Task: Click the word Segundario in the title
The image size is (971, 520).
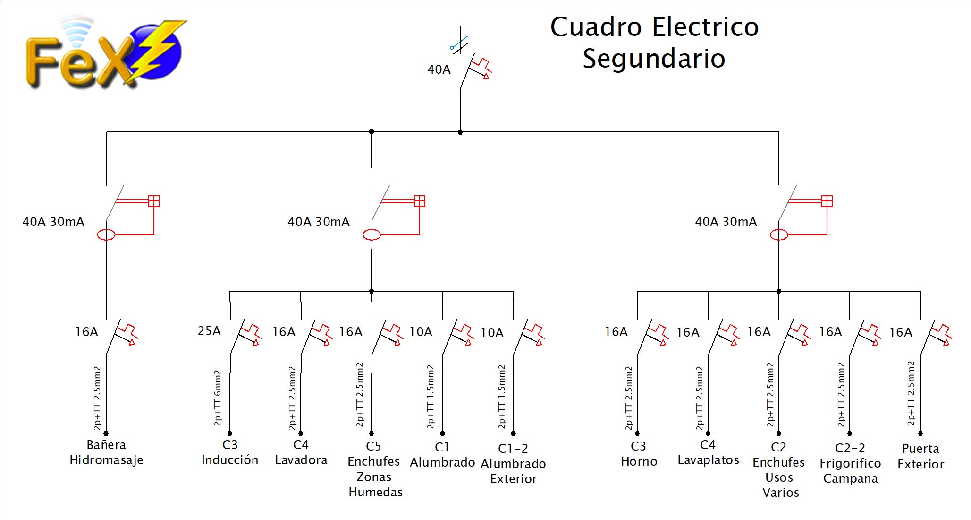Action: click(x=654, y=59)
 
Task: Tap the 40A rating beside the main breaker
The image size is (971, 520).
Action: click(x=439, y=69)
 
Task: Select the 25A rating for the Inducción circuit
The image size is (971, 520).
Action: click(x=209, y=331)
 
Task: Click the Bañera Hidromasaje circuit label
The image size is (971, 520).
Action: click(x=106, y=452)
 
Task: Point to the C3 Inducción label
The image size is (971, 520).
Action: click(x=230, y=452)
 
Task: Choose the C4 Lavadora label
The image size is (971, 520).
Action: click(x=301, y=452)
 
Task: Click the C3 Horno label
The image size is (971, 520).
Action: click(x=639, y=454)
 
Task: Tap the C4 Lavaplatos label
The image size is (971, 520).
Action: click(x=708, y=452)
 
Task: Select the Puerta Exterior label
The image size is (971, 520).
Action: click(x=920, y=456)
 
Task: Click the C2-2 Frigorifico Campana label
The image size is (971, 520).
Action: click(x=850, y=463)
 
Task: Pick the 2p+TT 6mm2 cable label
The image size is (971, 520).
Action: click(x=218, y=398)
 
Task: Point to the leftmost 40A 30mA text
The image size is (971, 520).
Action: click(x=53, y=222)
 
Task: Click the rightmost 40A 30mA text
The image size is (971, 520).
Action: click(x=726, y=222)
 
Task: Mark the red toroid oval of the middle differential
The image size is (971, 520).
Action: click(x=372, y=234)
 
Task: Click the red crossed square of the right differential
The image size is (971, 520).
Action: click(x=827, y=201)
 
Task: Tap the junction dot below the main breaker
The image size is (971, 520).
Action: click(x=460, y=132)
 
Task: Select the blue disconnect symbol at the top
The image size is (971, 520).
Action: click(x=459, y=43)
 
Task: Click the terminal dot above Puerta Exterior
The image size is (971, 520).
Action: click(x=920, y=433)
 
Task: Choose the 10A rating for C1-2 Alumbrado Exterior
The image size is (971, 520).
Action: click(x=492, y=333)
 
